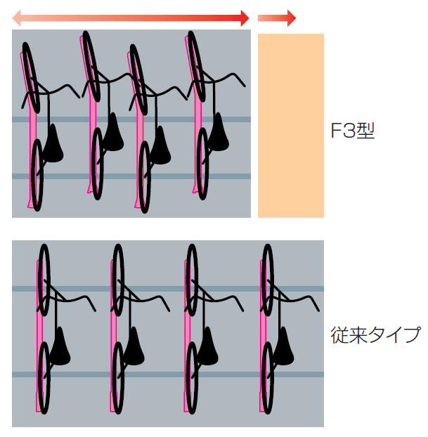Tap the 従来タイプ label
375,334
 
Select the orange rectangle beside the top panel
290,125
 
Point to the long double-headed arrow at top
131,18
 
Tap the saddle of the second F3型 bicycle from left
112,127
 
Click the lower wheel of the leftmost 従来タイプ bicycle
44,378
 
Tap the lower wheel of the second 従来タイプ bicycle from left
118,378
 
